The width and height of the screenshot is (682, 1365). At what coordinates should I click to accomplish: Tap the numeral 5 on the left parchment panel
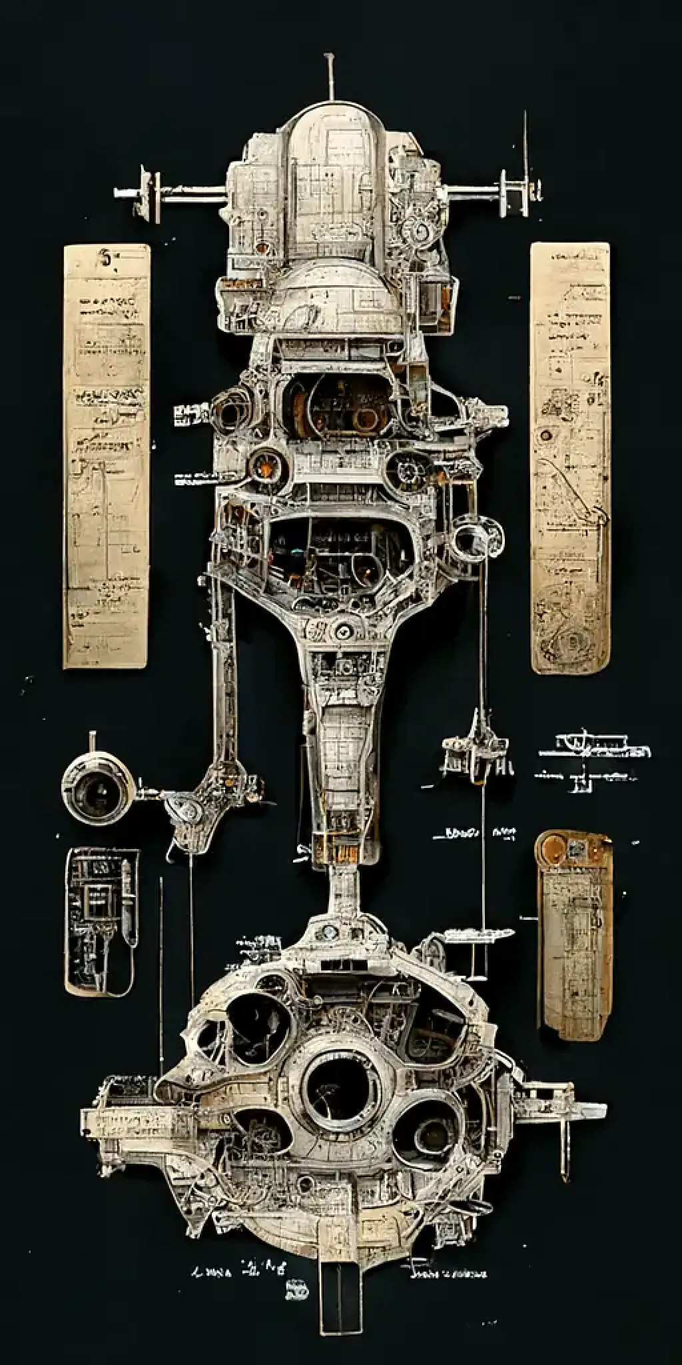[x=105, y=259]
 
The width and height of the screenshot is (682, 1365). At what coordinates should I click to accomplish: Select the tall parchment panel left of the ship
[x=106, y=456]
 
